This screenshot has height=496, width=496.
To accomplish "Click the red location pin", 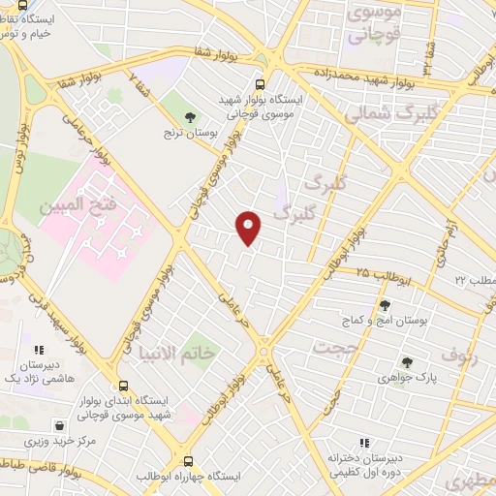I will pyautogui.click(x=249, y=228).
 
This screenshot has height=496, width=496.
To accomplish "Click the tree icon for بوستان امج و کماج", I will pyautogui.click(x=384, y=305).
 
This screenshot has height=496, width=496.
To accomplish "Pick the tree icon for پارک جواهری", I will pyautogui.click(x=406, y=363).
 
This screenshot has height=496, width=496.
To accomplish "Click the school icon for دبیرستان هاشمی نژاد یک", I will pyautogui.click(x=38, y=350).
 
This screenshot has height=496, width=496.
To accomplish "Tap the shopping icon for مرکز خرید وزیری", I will pyautogui.click(x=60, y=424).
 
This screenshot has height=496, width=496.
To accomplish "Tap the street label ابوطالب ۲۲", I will pyautogui.click(x=474, y=279).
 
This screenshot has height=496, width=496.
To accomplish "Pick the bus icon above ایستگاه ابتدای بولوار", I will pyautogui.click(x=122, y=385).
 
